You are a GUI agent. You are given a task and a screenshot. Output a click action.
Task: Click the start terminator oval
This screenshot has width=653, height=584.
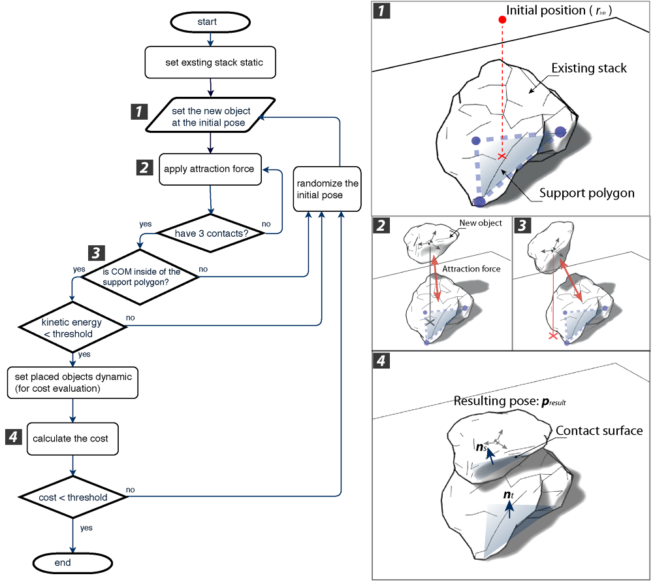coord(210,22)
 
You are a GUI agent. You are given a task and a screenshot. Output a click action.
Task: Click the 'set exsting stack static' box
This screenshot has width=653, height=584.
coord(210,63)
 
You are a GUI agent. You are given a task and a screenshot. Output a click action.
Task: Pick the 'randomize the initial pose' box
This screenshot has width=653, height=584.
coord(327,190)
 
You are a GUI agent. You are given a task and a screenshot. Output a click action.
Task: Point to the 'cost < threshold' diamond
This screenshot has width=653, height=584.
coord(72,497)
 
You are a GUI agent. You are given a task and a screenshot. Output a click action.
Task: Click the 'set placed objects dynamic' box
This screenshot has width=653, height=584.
coord(72,383)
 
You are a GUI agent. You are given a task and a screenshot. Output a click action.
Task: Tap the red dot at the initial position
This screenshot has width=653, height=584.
coord(502,20)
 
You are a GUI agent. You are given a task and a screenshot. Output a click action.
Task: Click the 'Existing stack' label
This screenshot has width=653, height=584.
coord(589,68)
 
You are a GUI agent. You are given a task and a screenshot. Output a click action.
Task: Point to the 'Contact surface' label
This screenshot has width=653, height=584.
coord(599,430)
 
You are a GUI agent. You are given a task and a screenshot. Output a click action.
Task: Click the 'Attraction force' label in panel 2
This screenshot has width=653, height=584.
coord(471,269)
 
